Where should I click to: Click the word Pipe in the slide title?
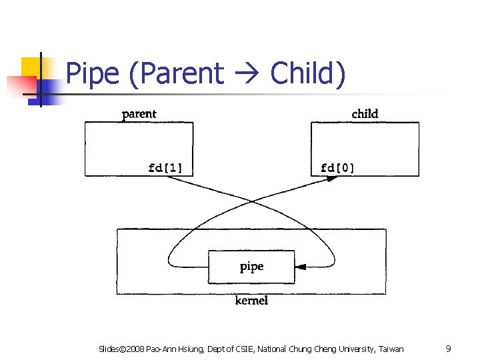[94, 74]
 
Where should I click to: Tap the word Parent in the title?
[177, 73]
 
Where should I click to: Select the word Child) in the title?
[308, 73]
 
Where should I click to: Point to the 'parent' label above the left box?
[139, 114]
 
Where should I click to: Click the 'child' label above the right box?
[365, 114]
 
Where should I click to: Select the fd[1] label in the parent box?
[170, 167]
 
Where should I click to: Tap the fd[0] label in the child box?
[338, 167]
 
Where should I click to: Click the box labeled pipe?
[251, 267]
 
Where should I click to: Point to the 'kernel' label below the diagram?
[251, 301]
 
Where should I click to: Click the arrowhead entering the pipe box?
[299, 267]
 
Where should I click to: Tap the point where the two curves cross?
[252, 201]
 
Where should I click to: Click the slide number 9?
[449, 349]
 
